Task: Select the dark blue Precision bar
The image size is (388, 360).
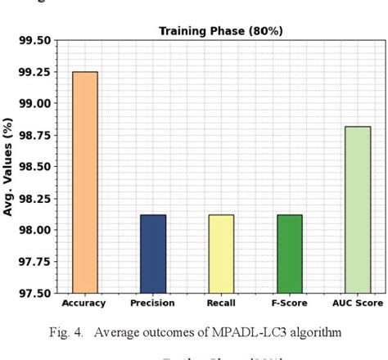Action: [152, 254]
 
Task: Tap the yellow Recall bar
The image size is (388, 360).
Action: [220, 254]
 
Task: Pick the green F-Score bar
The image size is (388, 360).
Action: [288, 254]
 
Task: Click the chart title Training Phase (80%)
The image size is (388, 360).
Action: [220, 31]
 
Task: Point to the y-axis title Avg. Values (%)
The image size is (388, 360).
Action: [9, 167]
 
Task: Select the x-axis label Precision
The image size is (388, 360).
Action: [152, 304]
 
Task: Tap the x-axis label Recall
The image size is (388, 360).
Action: [220, 304]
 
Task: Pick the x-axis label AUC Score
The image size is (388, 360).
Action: [357, 304]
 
